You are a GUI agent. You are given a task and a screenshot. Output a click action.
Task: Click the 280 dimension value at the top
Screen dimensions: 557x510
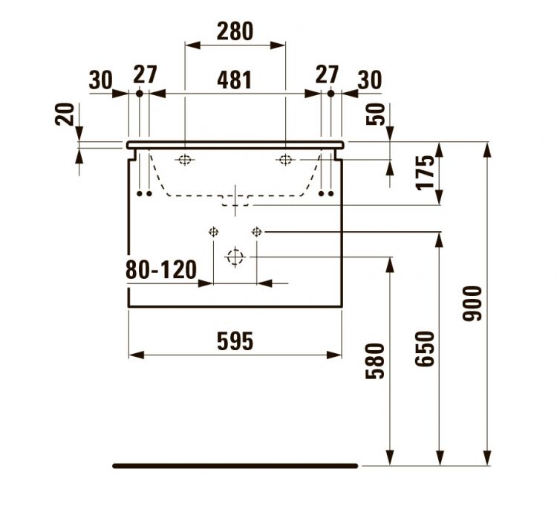(x=235, y=31)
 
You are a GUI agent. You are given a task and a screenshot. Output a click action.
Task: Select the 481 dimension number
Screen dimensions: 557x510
(x=235, y=80)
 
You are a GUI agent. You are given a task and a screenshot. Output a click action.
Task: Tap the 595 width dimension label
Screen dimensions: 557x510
(x=235, y=341)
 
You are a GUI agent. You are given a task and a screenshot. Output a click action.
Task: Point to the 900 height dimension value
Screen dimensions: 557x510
(x=472, y=303)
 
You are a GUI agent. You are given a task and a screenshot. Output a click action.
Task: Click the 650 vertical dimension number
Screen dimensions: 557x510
(x=426, y=349)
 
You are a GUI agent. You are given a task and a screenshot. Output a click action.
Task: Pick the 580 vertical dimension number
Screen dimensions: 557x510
(x=376, y=361)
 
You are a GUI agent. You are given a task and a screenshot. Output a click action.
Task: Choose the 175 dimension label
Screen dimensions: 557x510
(x=426, y=172)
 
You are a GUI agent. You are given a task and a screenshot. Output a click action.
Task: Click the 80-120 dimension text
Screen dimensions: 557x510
(x=161, y=270)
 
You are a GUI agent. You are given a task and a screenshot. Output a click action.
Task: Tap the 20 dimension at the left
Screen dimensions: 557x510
(x=65, y=114)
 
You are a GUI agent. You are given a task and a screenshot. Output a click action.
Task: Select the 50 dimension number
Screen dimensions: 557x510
(x=376, y=114)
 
